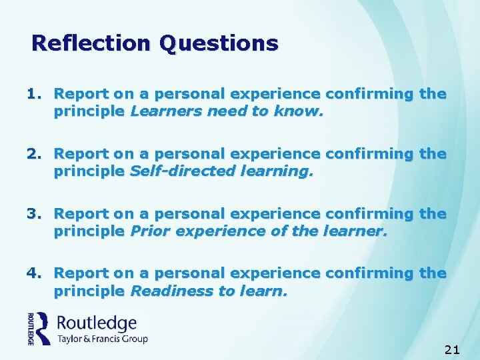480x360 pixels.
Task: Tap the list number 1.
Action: point(35,94)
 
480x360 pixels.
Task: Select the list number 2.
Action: point(35,154)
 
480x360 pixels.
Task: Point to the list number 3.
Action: point(35,214)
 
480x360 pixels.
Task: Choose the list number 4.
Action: point(35,273)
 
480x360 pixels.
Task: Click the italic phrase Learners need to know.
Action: point(227,111)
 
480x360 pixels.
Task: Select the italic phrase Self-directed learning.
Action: point(221,171)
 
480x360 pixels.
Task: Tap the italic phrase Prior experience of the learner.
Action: point(259,231)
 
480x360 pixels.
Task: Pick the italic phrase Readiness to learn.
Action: point(209,290)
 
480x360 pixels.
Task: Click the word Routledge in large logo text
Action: point(97,324)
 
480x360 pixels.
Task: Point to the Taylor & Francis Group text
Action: point(102,339)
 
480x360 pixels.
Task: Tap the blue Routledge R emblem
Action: point(43,328)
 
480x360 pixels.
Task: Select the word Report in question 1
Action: point(81,94)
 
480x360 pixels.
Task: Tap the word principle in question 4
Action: point(89,290)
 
